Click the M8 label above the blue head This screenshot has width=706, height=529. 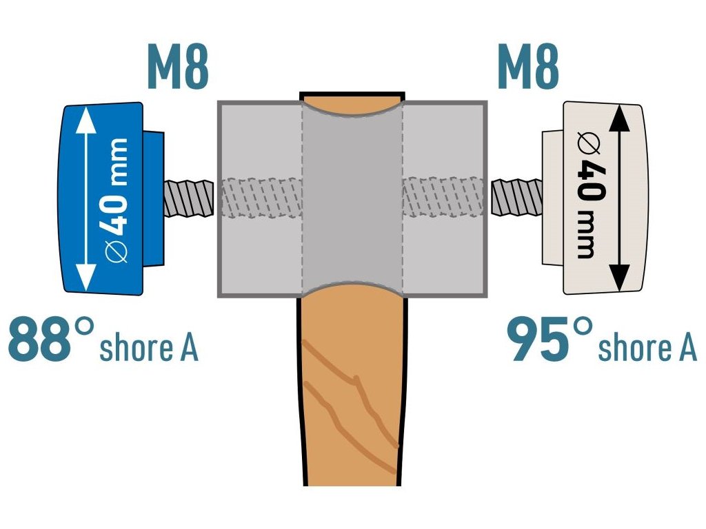coord(177,67)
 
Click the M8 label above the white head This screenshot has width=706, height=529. coord(527,67)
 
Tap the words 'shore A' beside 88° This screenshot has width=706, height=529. coord(149,347)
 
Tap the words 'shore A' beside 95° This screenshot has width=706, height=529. coord(647,347)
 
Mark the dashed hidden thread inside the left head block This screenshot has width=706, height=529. coord(262,199)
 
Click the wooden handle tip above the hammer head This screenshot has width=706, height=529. coord(352,101)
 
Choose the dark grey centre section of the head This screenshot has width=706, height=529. coord(352,200)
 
